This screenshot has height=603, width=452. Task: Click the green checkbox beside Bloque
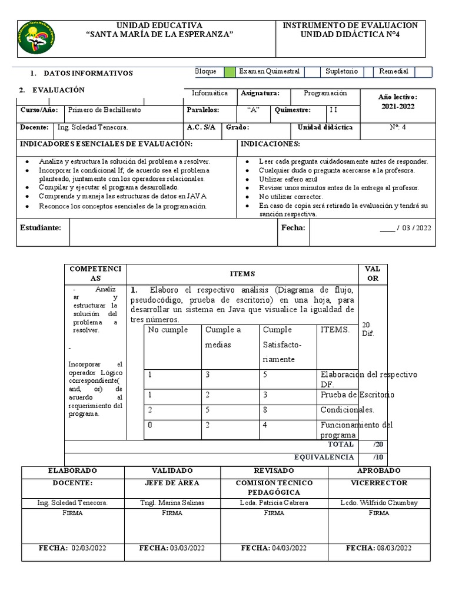click(230, 72)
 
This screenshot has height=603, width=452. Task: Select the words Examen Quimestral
click(269, 72)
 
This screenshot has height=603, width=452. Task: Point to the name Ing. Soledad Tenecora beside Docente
click(92, 127)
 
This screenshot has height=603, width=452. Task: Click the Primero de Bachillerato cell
click(105, 110)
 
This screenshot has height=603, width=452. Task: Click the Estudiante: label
click(41, 227)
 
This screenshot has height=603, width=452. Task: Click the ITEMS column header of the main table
click(242, 274)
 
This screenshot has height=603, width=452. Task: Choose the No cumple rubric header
click(168, 330)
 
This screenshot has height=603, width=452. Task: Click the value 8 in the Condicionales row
click(265, 410)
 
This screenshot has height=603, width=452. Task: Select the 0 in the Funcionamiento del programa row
click(151, 425)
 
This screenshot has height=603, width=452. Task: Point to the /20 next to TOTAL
click(377, 445)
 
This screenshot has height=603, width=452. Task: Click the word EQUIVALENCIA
click(324, 457)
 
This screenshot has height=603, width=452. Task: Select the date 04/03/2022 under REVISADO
click(274, 548)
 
